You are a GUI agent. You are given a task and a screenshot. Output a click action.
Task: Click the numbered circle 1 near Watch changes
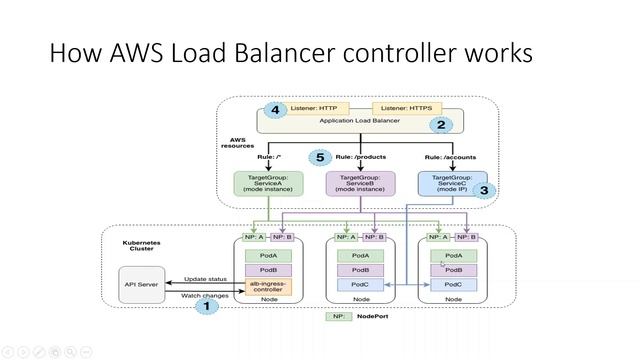coord(206,307)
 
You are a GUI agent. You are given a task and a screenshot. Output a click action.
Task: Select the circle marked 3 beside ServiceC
coord(485,189)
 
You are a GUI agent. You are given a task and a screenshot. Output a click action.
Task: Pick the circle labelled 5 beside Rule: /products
coord(320,157)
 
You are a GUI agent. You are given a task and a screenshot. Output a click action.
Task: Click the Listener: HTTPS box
coord(406,107)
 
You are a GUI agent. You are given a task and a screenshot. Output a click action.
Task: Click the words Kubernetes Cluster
coord(134,246)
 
